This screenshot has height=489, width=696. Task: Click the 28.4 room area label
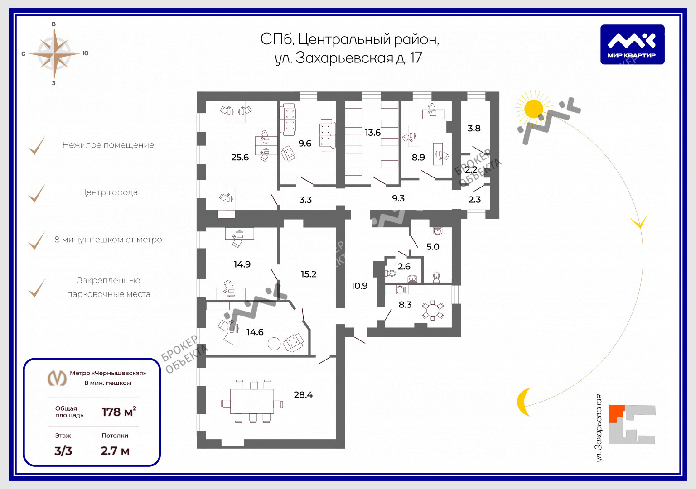303,395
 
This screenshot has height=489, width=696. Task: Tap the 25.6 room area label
240,158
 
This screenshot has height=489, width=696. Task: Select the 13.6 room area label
372,133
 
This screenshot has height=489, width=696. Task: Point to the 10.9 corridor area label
359,286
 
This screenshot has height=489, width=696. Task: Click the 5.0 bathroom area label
433,247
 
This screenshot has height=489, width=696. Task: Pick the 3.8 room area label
474,128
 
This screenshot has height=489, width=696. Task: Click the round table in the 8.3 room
433,311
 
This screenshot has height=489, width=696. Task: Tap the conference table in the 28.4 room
252,401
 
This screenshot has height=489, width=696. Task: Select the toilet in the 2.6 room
391,273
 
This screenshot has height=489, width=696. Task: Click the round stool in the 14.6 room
274,344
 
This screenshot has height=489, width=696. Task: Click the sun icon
533,109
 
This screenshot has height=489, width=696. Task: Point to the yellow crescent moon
524,402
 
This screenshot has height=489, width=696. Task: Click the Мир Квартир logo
632,44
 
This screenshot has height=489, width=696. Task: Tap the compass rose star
54,53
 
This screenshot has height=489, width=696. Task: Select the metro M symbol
58,378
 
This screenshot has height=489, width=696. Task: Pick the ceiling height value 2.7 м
115,451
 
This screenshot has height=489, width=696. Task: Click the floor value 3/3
63,451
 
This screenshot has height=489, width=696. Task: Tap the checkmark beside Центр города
37,193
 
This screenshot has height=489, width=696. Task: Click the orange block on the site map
616,413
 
